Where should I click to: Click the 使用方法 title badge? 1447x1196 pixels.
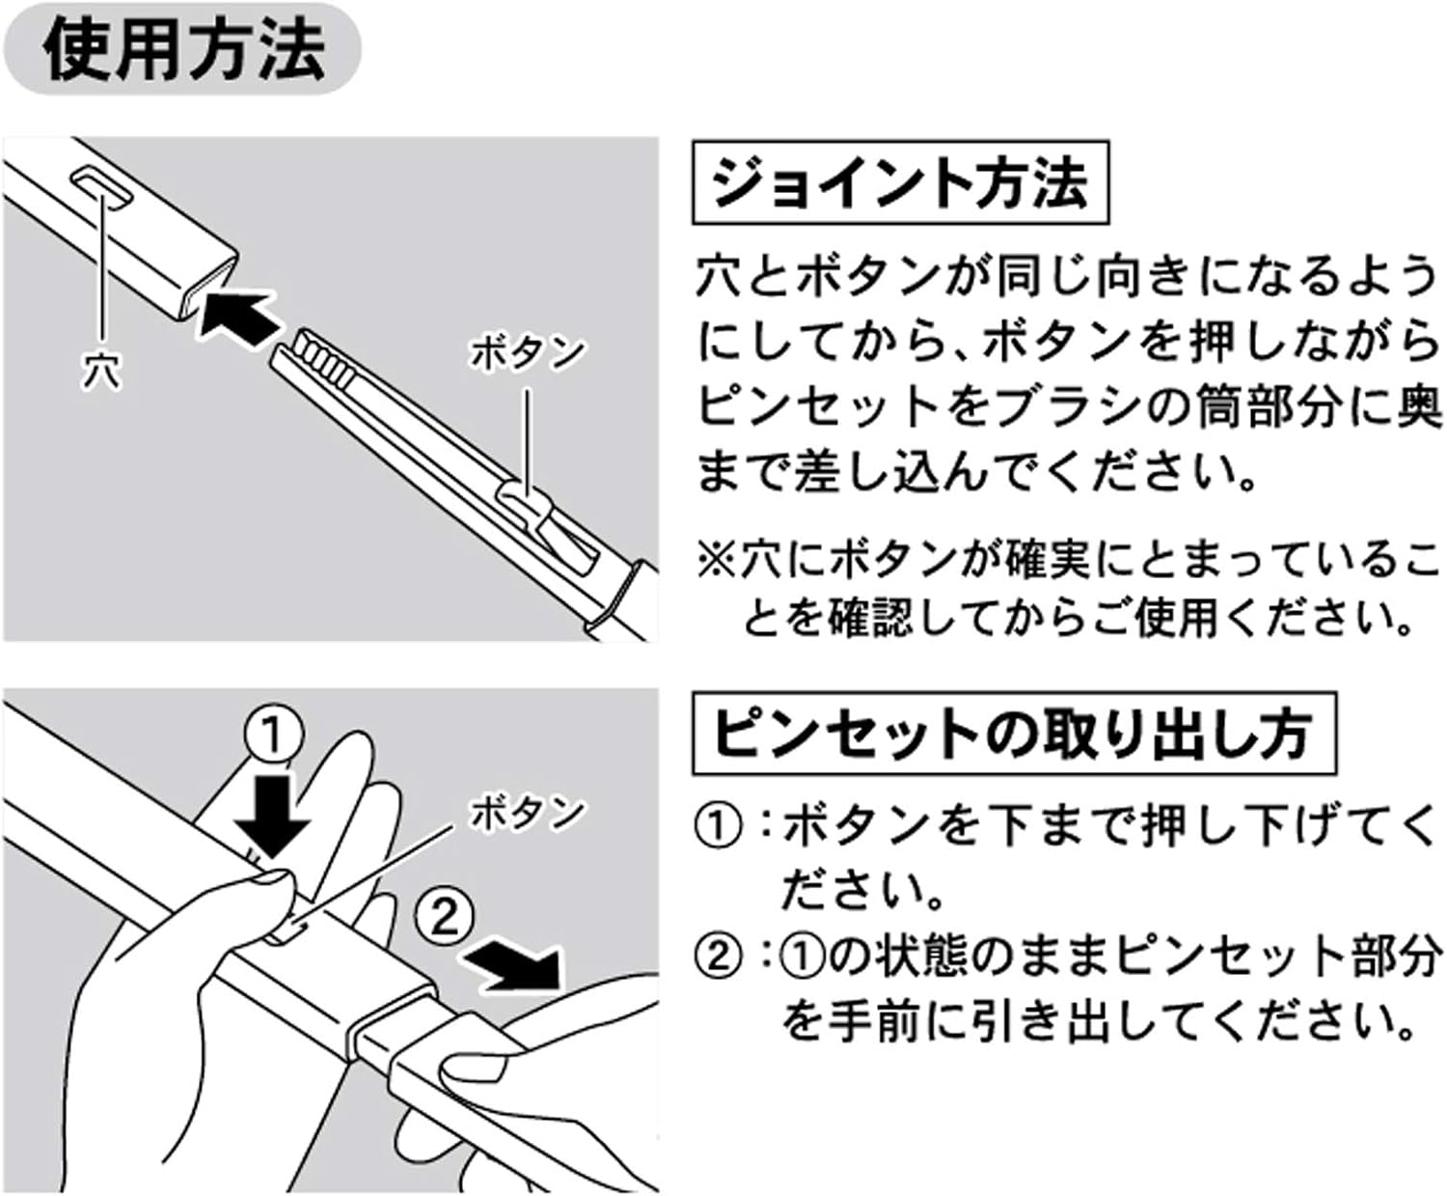click(x=183, y=48)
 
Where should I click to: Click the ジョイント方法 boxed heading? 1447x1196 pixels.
click(x=900, y=182)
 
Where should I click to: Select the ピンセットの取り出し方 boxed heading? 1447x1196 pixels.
click(x=1013, y=734)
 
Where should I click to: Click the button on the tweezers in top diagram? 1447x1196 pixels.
click(x=526, y=502)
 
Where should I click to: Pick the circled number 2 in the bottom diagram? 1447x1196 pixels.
click(x=445, y=914)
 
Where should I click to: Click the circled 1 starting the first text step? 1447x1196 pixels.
click(x=717, y=827)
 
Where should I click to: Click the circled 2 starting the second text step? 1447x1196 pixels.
click(x=717, y=958)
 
